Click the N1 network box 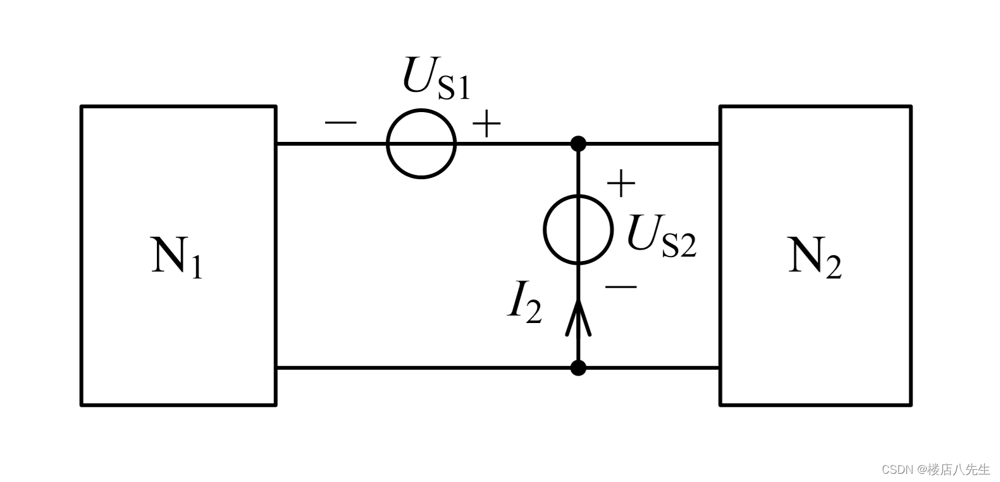click(178, 190)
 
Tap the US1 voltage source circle click(421, 144)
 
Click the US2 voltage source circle click(578, 229)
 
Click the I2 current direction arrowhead click(578, 316)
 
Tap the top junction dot click(578, 144)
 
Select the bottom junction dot click(578, 367)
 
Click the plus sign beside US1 click(486, 124)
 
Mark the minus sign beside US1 click(340, 122)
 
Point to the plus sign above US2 click(621, 184)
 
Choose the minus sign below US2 click(620, 287)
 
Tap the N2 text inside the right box click(815, 256)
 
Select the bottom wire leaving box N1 click(424, 367)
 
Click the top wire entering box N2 click(651, 144)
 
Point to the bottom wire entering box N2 click(651, 367)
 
